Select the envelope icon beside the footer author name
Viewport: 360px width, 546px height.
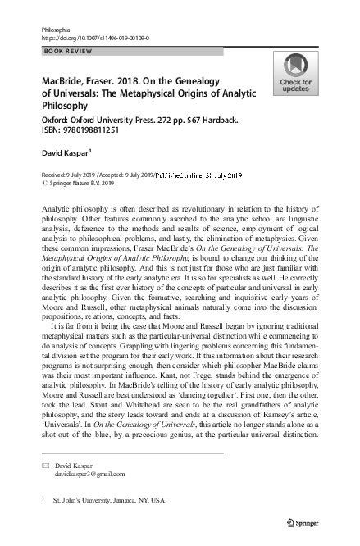46,464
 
